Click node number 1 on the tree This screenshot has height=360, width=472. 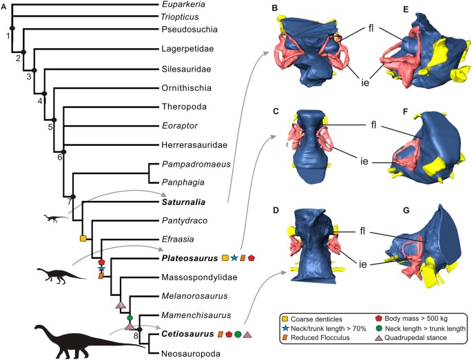(8, 36)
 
